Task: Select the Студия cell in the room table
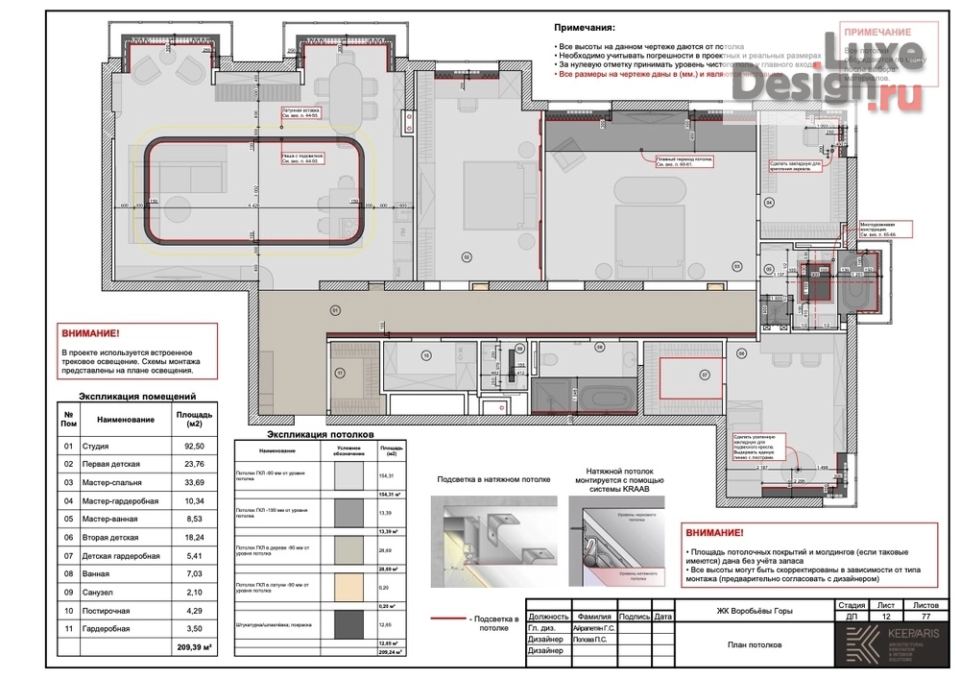click(x=97, y=447)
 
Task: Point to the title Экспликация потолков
click(x=313, y=434)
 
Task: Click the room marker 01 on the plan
click(x=335, y=309)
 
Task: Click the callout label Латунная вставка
click(x=300, y=111)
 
